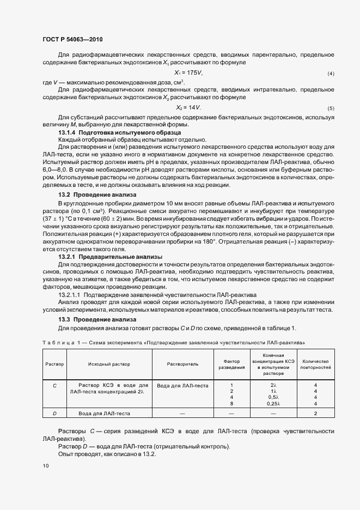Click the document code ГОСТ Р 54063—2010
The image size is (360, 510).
pos(72,40)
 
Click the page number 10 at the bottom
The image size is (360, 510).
pos(45,465)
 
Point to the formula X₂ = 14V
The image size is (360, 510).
pos(188,107)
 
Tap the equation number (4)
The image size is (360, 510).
pos(331,74)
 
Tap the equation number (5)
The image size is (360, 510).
pos(331,108)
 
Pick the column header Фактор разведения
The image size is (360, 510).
pos(231,364)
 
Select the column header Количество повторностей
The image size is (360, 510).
pos(316,364)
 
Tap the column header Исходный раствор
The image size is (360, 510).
pos(106,363)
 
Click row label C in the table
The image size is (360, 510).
pos(54,385)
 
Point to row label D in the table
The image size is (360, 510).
pos(54,414)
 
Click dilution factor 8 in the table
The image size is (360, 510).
pos(231,403)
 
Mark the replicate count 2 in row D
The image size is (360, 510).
pos(316,414)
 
